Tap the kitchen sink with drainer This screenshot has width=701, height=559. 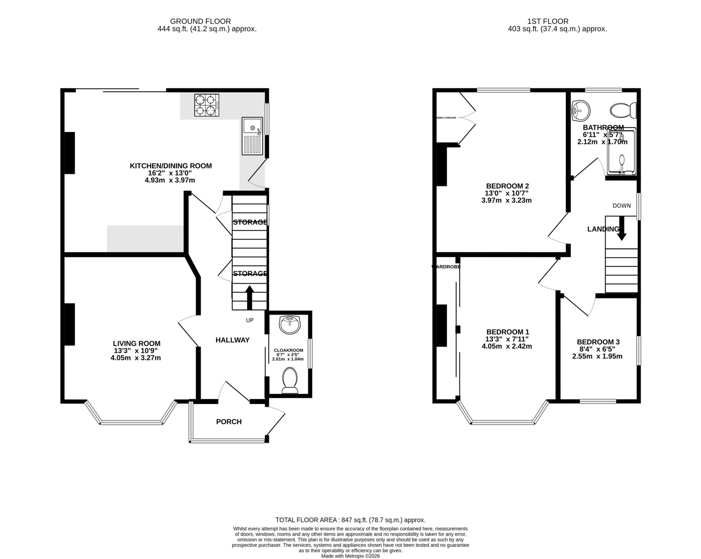point(252,136)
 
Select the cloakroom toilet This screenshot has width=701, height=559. point(290,380)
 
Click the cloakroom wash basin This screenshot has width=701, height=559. point(290,325)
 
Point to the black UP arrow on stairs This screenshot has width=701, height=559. point(249,298)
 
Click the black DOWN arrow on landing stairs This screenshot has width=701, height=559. point(622,228)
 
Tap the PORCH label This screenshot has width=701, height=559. point(229,422)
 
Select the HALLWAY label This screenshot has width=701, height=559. point(232,340)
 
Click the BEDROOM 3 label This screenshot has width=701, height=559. point(598,342)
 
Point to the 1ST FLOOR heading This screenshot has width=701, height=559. point(557,22)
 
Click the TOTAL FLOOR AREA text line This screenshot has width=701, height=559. point(350,520)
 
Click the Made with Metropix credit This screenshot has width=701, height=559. point(350,556)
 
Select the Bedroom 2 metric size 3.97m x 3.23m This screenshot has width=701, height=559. point(506,200)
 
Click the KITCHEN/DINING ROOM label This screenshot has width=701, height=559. point(170,166)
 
